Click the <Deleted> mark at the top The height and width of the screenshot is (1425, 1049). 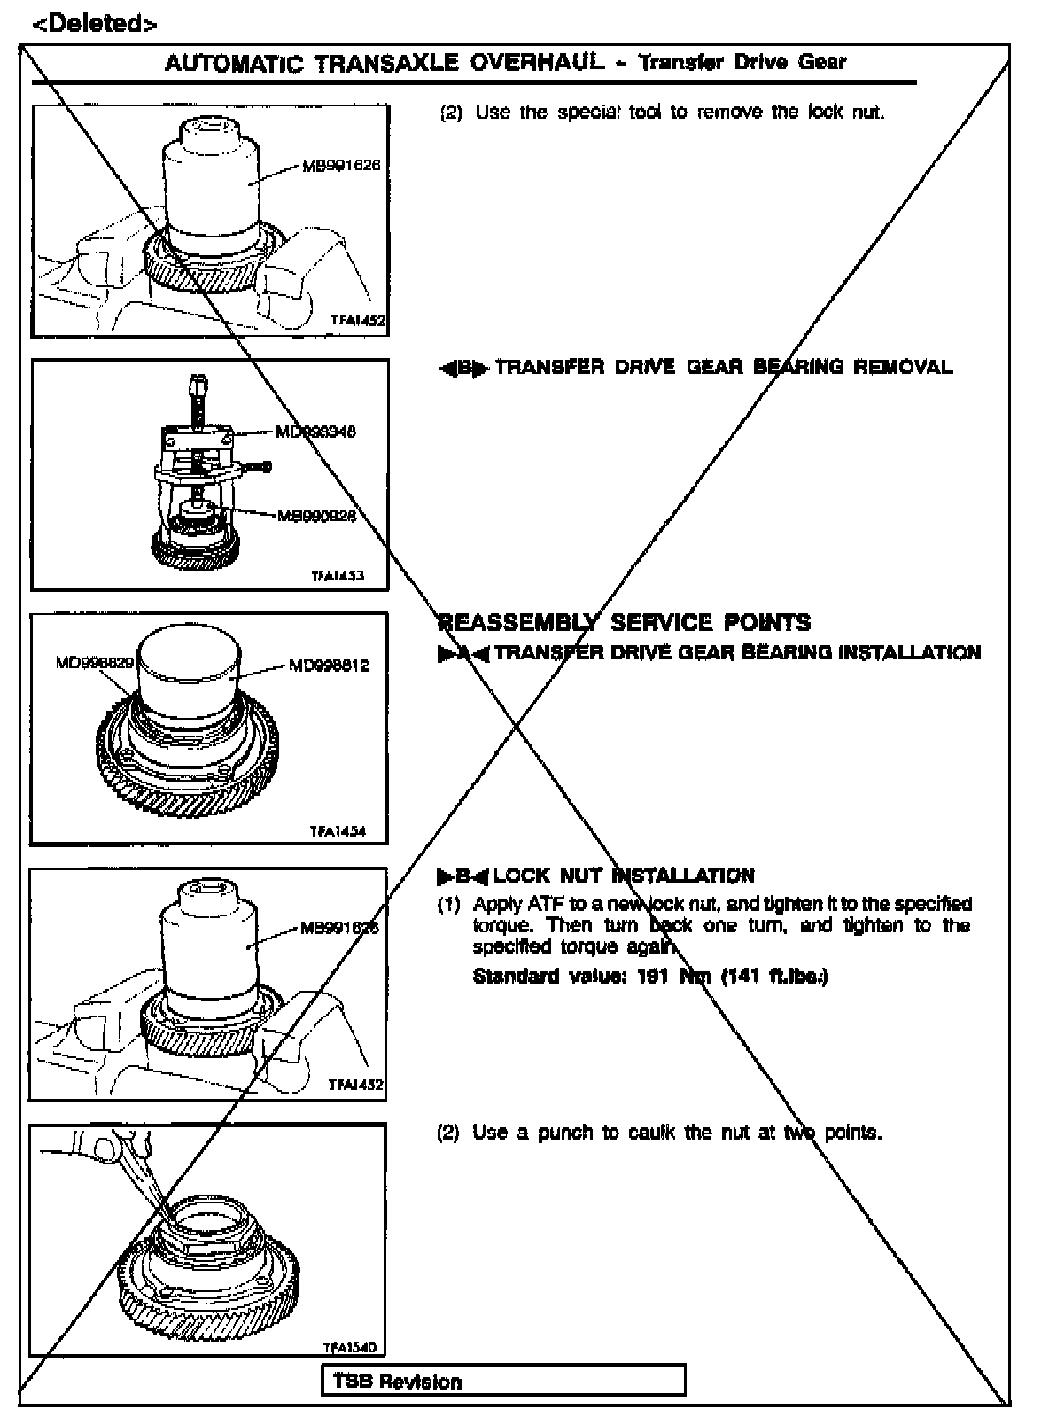click(x=94, y=24)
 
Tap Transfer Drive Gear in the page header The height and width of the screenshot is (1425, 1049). click(x=742, y=63)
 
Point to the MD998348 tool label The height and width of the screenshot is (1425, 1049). click(x=315, y=432)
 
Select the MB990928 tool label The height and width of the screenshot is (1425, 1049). click(x=317, y=516)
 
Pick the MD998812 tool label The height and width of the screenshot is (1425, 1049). click(x=329, y=666)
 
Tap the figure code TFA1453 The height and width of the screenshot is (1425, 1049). click(x=338, y=575)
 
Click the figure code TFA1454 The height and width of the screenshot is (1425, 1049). click(x=338, y=832)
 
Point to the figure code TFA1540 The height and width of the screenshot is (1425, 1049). click(x=349, y=1348)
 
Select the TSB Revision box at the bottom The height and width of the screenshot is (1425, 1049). click(x=503, y=1382)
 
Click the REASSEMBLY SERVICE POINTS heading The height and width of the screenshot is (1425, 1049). click(x=625, y=623)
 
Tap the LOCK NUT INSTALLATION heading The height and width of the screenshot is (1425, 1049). click(x=624, y=876)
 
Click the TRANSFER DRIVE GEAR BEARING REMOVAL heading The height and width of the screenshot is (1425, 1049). click(x=724, y=368)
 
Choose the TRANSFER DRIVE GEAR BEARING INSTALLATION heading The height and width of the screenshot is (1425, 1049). click(x=737, y=654)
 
